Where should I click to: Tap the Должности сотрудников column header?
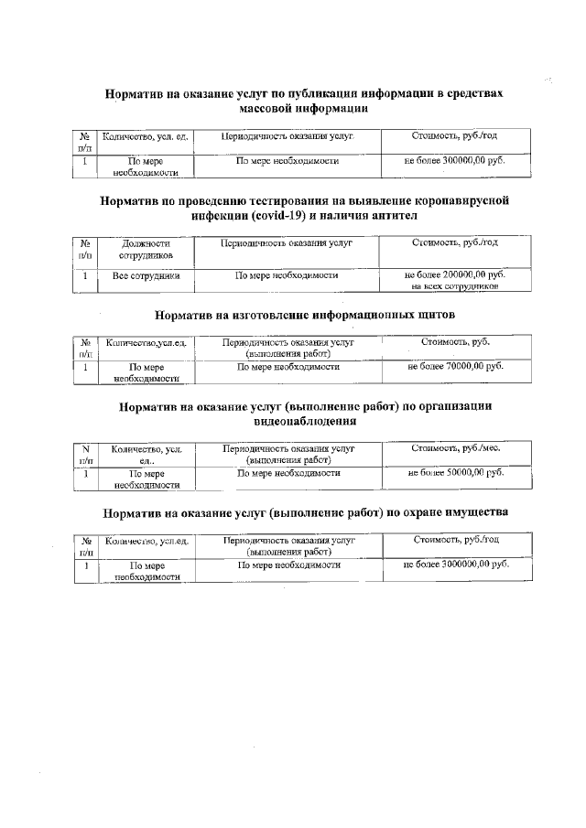point(146,250)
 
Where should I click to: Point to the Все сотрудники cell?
point(146,274)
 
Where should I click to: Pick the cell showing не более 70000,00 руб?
point(455,366)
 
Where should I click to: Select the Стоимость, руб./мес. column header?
point(455,448)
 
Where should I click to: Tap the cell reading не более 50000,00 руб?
point(455,472)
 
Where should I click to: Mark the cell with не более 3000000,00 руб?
point(455,565)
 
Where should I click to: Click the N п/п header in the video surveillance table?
point(84,455)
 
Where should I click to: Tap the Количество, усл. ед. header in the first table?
point(146,136)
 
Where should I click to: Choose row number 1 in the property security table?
point(84,565)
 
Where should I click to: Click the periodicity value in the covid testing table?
point(288,274)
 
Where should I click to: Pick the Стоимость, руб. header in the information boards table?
point(455,341)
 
